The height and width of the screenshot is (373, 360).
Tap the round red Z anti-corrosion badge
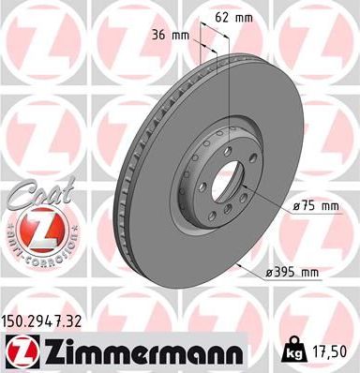point(35,229)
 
